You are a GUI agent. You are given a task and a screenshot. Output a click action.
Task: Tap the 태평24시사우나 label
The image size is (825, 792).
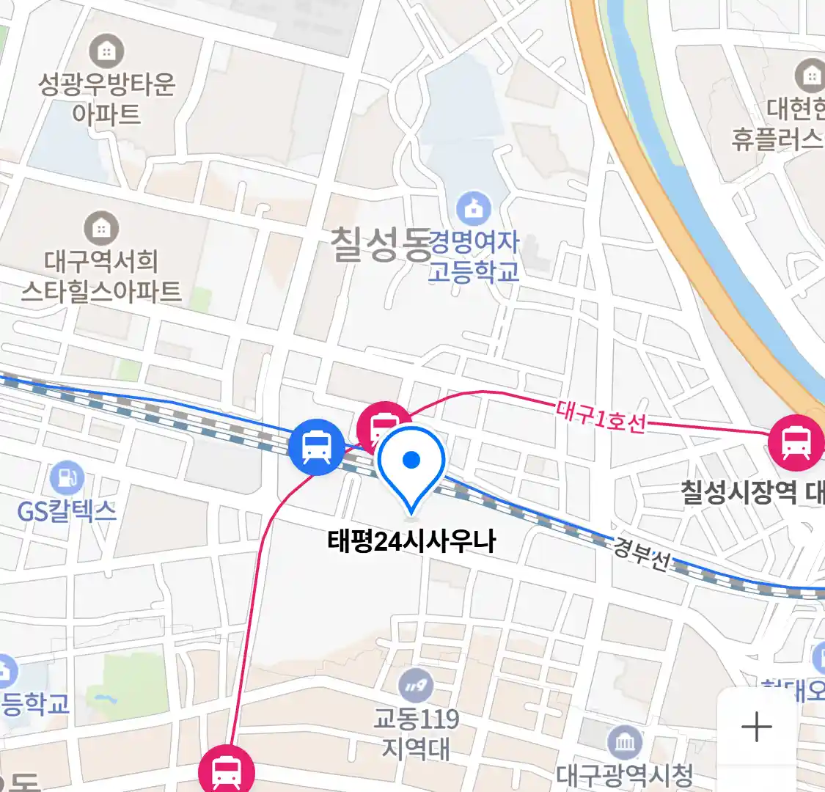pyautogui.click(x=411, y=541)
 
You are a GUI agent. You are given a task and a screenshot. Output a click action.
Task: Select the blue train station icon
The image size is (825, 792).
pyautogui.click(x=316, y=447)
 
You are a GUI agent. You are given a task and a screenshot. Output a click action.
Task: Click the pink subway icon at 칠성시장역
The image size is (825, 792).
pyautogui.click(x=796, y=442)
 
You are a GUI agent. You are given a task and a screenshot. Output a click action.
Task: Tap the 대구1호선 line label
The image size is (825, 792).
pyautogui.click(x=601, y=416)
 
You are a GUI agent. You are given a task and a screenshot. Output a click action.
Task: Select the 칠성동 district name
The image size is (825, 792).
pyautogui.click(x=380, y=244)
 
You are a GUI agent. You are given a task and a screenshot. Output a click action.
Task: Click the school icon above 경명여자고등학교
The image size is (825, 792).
pyautogui.click(x=474, y=209)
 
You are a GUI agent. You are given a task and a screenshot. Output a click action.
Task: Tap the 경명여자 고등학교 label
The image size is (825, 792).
pyautogui.click(x=474, y=257)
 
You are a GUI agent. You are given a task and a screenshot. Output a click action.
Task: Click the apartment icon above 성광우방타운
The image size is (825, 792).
pyautogui.click(x=106, y=51)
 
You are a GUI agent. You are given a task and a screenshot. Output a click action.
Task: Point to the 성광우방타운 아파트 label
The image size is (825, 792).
pyautogui.click(x=106, y=99)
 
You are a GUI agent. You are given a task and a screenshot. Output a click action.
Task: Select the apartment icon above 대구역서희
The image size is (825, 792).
pyautogui.click(x=101, y=228)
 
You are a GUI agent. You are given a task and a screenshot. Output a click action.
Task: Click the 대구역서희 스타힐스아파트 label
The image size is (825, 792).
pyautogui.click(x=101, y=276)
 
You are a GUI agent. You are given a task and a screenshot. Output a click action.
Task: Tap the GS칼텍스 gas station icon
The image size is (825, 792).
pyautogui.click(x=67, y=477)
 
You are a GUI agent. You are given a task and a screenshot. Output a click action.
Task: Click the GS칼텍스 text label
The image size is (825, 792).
pyautogui.click(x=67, y=510)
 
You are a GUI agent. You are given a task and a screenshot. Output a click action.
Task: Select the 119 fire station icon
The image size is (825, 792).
pyautogui.click(x=416, y=687)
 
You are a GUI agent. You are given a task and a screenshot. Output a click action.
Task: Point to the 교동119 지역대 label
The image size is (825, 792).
pyautogui.click(x=416, y=733)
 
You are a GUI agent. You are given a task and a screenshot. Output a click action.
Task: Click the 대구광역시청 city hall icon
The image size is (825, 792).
pyautogui.click(x=624, y=744)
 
